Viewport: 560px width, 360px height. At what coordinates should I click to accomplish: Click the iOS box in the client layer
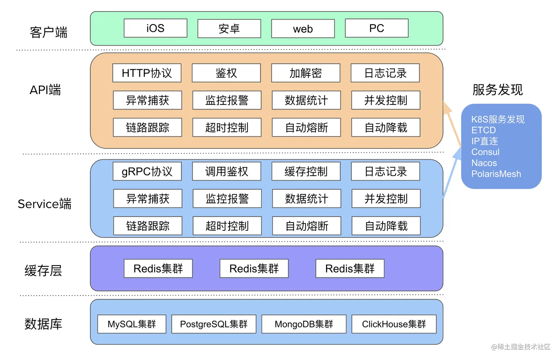(x=155, y=29)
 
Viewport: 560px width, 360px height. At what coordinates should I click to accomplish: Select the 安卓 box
(x=229, y=29)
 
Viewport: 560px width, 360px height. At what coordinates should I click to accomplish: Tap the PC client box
(x=376, y=29)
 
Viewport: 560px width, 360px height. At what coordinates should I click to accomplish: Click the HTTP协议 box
(x=147, y=73)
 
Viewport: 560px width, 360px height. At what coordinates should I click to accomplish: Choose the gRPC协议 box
(x=147, y=171)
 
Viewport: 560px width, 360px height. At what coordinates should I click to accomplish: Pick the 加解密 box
(x=306, y=73)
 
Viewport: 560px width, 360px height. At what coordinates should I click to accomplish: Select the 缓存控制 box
(x=306, y=171)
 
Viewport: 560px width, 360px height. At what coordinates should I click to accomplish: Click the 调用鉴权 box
(x=226, y=171)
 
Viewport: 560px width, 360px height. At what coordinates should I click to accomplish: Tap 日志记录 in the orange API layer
(x=385, y=73)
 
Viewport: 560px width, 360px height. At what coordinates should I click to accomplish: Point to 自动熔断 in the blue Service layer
(x=307, y=226)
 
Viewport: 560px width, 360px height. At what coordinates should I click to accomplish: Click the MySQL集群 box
(x=131, y=324)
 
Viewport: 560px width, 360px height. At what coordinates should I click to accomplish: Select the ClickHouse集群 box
(x=394, y=324)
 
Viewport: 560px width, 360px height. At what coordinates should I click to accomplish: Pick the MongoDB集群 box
(x=304, y=324)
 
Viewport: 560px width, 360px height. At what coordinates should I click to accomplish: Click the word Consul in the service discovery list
(x=485, y=152)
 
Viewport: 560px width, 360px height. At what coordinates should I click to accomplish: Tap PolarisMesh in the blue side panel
(x=496, y=174)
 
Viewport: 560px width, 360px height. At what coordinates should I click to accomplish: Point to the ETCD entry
(x=483, y=130)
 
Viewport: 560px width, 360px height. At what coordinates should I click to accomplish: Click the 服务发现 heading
(x=497, y=90)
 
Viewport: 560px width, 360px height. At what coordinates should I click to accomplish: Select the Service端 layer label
(x=44, y=204)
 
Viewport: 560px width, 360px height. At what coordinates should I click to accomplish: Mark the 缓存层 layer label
(x=43, y=271)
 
